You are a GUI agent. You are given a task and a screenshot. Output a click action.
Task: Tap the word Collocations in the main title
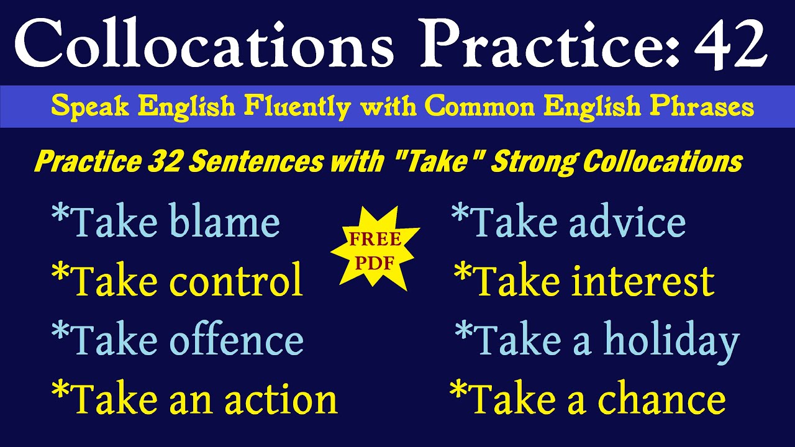point(205,43)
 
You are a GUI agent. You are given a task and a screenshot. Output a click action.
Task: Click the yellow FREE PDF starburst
point(375,251)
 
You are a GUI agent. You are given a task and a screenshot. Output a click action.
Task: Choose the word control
point(236,281)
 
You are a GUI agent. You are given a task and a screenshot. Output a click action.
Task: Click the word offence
point(236,340)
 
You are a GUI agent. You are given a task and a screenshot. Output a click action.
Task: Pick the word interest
point(643,281)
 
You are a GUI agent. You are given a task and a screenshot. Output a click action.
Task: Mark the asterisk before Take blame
point(60,217)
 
